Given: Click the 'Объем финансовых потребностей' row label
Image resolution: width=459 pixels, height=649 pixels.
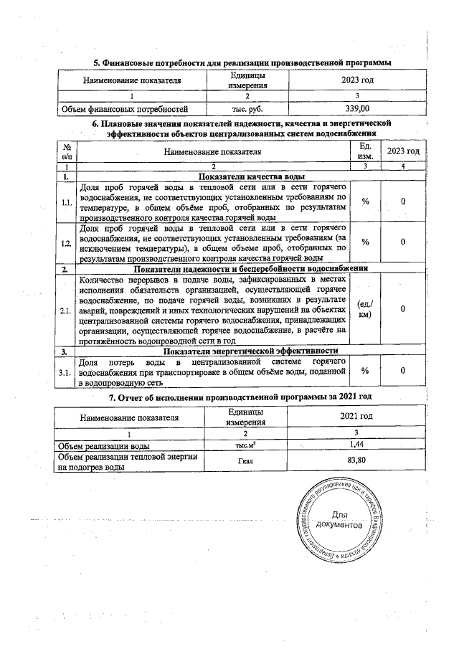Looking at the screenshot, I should coord(123,109).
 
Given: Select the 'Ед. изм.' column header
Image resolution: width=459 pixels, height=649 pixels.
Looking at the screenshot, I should coord(365,151).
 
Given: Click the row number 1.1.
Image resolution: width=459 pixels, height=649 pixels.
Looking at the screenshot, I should coord(67,203).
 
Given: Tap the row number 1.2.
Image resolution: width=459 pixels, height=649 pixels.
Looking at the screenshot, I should coord(67,243).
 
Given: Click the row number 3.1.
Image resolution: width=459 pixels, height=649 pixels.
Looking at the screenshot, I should coord(67,371).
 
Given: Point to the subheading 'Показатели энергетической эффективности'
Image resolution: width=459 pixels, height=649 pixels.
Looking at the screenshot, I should coord(251,351).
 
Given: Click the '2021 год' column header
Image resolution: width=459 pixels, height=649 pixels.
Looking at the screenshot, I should coord(356,416).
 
